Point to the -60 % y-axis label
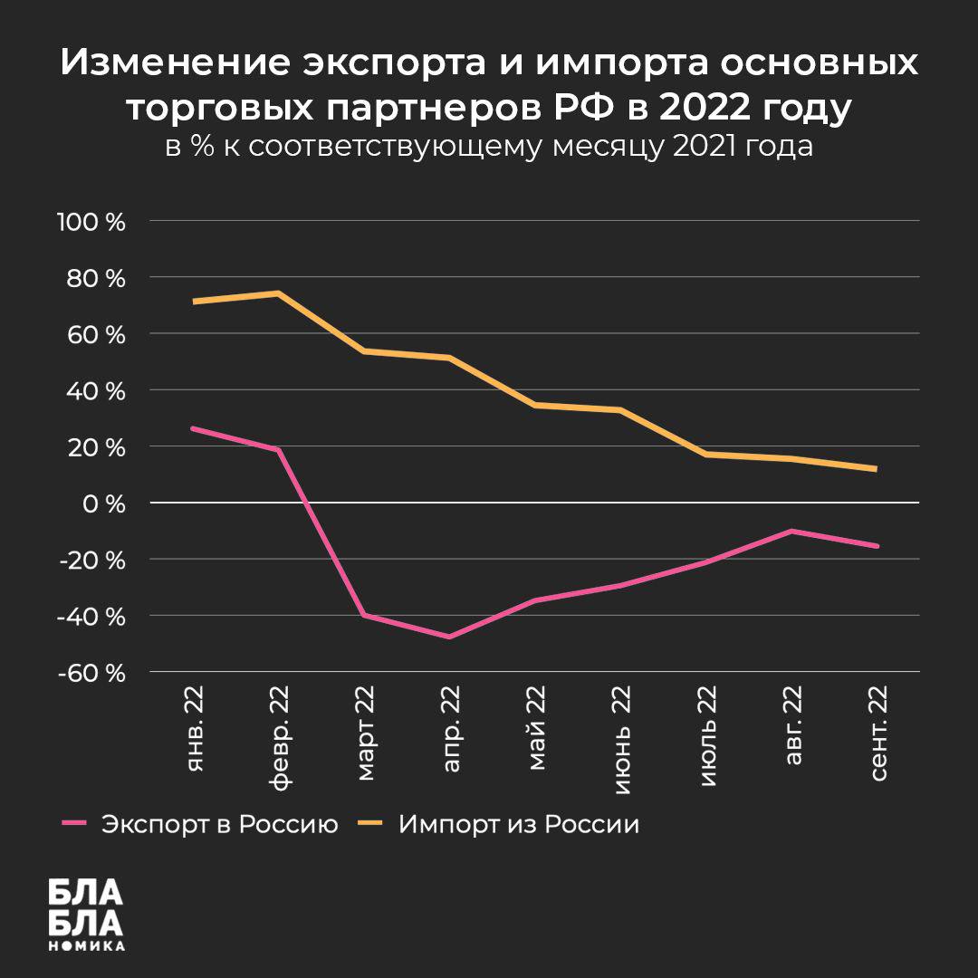point(90,672)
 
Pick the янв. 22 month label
point(195,731)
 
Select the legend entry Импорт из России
point(519,825)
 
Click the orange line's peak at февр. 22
point(278,292)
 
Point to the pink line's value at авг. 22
point(792,531)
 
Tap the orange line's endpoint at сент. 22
point(877,469)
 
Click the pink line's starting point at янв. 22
point(193,428)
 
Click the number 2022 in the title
point(704,109)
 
